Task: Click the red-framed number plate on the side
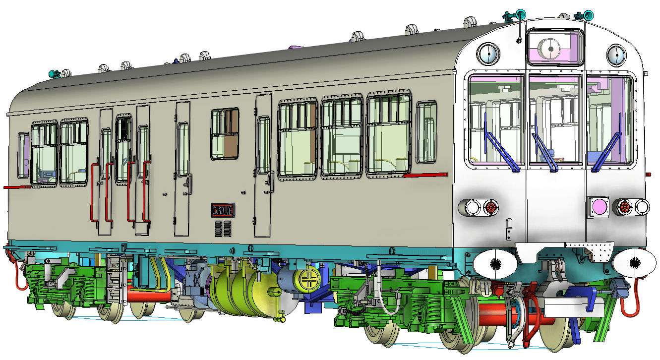[223, 210]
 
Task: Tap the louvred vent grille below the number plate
[223, 229]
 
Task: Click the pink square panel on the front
[598, 206]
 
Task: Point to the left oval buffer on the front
[493, 264]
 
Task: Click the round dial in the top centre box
[549, 49]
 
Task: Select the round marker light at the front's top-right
[616, 55]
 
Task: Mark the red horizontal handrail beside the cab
[425, 175]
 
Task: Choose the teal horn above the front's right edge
[587, 14]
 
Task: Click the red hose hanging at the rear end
[21, 278]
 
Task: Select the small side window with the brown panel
[225, 134]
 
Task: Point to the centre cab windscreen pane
[554, 119]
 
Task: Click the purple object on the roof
[294, 48]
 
